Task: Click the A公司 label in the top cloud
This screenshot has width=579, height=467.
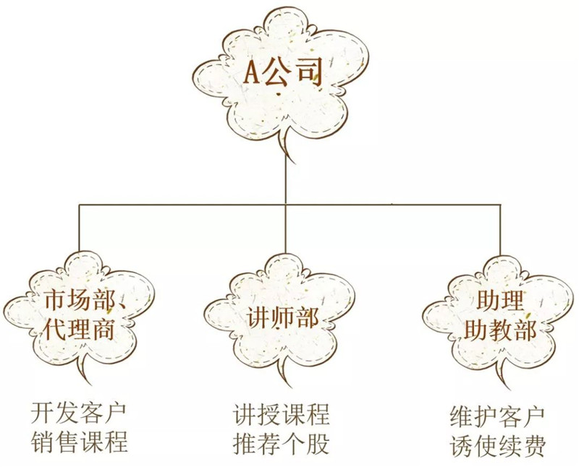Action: (x=283, y=72)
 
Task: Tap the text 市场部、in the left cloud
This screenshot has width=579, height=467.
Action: (x=86, y=301)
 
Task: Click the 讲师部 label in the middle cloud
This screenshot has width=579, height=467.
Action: (x=282, y=317)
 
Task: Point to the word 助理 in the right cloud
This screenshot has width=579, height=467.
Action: (x=500, y=301)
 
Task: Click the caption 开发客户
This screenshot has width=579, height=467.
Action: (x=79, y=414)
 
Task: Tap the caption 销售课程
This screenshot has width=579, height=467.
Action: (x=79, y=442)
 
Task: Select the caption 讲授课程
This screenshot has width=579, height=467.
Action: (x=281, y=415)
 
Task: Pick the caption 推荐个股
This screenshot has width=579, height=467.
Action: (x=281, y=442)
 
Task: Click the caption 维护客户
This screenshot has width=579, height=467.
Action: (x=497, y=417)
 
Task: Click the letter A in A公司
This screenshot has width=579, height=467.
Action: (x=253, y=73)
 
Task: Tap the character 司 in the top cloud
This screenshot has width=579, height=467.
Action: (x=310, y=72)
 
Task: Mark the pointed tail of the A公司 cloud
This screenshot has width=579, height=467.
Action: (x=295, y=163)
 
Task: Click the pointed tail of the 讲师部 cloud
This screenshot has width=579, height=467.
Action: (x=292, y=387)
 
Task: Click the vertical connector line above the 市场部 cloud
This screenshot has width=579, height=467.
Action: (x=79, y=228)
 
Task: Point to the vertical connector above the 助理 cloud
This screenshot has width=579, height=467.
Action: (x=501, y=229)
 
